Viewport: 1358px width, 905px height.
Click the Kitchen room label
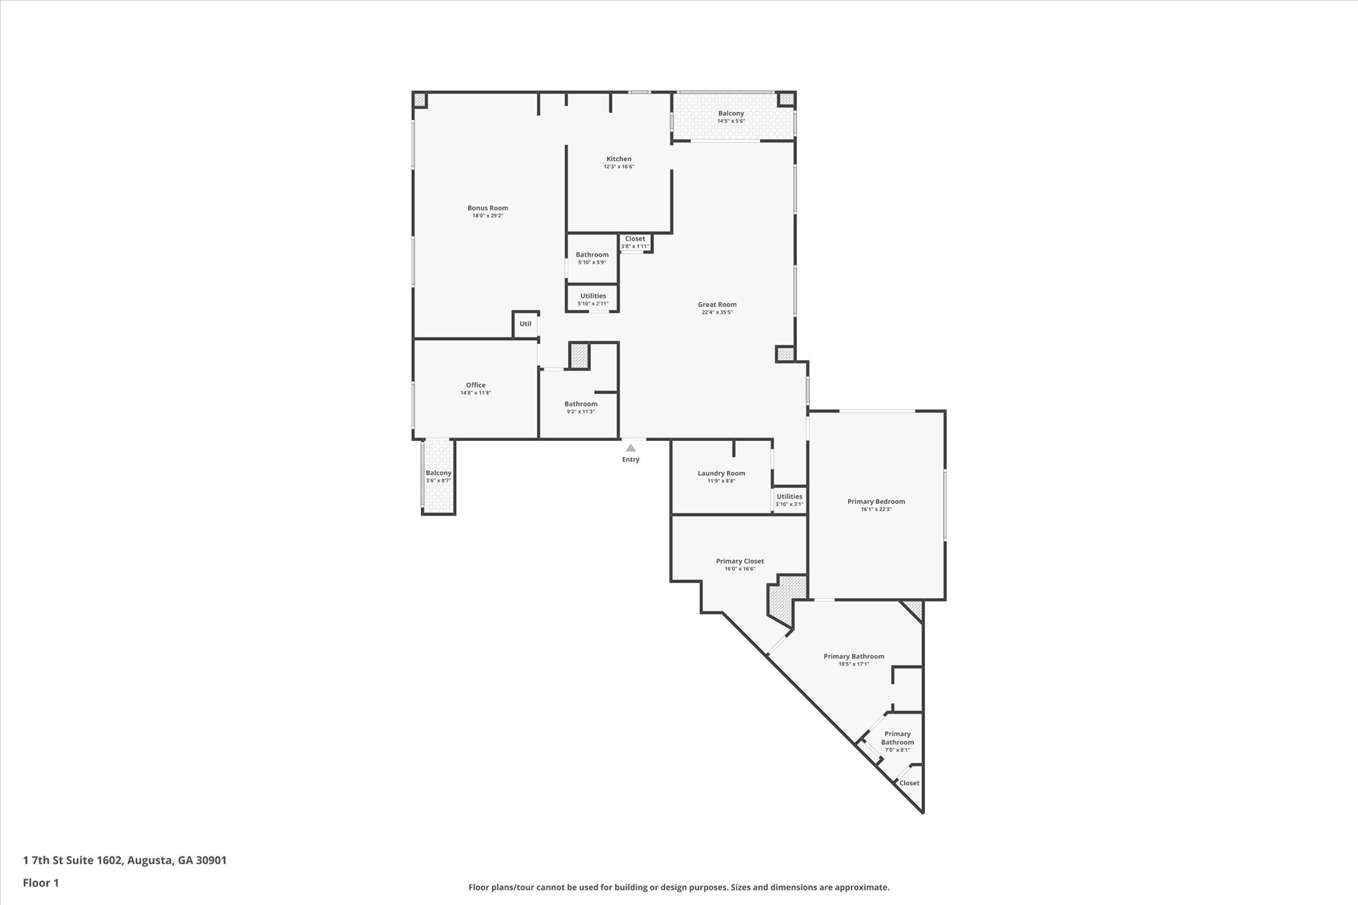coord(619,159)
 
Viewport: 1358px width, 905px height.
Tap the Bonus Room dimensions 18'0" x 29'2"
coord(487,216)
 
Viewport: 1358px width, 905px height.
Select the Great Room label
coord(717,304)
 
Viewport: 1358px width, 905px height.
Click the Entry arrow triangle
coord(631,448)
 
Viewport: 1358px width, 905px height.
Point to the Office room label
coord(475,385)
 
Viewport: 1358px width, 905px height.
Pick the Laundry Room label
coord(721,473)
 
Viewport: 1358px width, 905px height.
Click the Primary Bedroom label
coord(876,501)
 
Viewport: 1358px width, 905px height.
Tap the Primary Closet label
coord(739,561)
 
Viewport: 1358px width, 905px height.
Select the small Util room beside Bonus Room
coord(525,324)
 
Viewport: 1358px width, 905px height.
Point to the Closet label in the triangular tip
coord(909,783)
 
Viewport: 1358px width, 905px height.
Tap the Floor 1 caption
coord(41,883)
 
